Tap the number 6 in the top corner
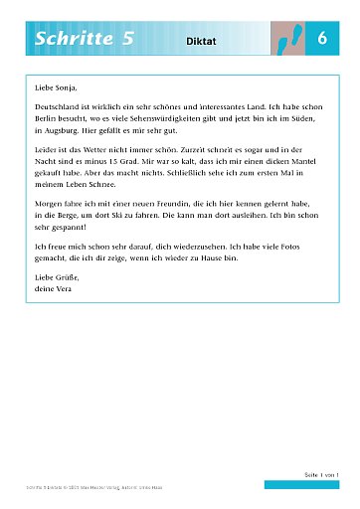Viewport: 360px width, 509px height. point(322,38)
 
